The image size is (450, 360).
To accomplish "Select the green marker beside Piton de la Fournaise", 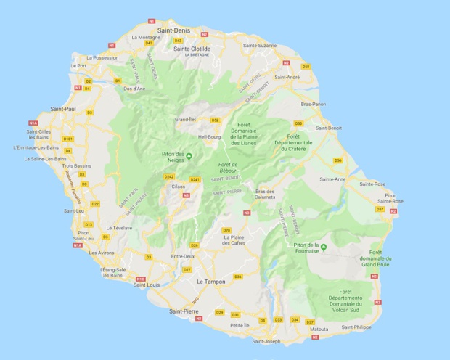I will click(x=324, y=248).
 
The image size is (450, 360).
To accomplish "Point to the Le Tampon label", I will click(x=211, y=280).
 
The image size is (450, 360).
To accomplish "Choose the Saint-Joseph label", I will click(x=266, y=341).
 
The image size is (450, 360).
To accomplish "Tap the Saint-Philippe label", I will click(x=356, y=327).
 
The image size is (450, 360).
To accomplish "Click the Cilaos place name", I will click(x=179, y=187).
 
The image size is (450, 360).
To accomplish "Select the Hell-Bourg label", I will click(x=209, y=136).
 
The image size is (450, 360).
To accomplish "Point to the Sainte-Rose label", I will click(x=370, y=184).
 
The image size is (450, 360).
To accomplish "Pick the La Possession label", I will click(x=102, y=57).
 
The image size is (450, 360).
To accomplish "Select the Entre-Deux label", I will click(x=182, y=256).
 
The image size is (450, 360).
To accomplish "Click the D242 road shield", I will click(x=169, y=176).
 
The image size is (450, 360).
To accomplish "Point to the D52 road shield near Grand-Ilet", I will click(x=215, y=120).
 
